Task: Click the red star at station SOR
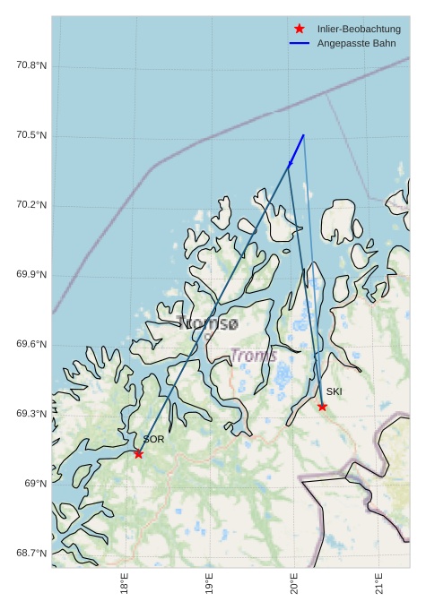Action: tap(138, 454)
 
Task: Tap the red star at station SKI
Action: tap(322, 407)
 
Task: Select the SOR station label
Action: tap(153, 440)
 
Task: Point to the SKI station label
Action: tap(334, 392)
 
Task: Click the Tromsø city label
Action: tap(208, 323)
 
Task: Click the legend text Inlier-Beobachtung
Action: tap(359, 29)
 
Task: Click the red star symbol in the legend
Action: tap(300, 29)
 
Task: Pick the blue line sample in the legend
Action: tap(300, 43)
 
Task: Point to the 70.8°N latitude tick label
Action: tap(31, 65)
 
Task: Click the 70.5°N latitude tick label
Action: tap(31, 135)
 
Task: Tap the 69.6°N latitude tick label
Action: tap(31, 345)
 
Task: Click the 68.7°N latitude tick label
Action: tap(31, 554)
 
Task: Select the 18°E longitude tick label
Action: tap(125, 584)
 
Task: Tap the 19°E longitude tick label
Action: tap(210, 584)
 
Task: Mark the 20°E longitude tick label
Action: tap(295, 584)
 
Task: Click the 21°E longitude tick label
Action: tap(380, 584)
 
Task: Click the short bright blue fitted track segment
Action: tap(297, 150)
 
